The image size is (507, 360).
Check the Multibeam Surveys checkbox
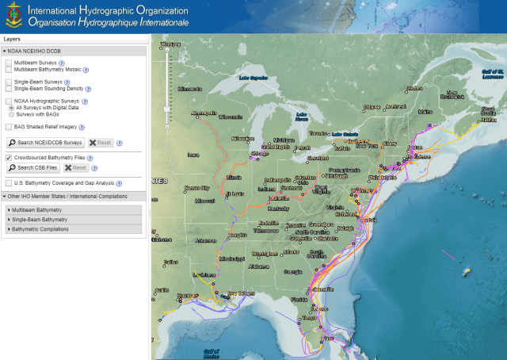(9, 62)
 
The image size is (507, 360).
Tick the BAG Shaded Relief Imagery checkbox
(9, 126)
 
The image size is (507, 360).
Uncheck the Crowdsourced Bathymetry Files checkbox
(9, 158)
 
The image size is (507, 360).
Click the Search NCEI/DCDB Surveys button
(45, 143)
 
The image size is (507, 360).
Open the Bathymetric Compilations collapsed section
(40, 229)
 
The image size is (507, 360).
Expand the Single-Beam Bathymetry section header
(40, 219)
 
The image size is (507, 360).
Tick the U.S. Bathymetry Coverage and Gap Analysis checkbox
(9, 182)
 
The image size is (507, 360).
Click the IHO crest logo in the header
(14, 15)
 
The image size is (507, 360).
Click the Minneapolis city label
(204, 113)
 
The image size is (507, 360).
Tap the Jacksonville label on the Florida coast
(322, 290)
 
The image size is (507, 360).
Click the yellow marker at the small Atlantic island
(467, 271)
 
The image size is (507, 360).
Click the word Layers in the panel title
(12, 38)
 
